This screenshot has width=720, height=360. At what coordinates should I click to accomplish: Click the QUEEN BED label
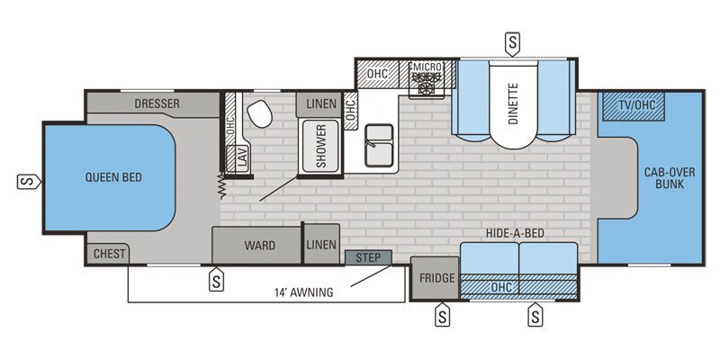point(113,176)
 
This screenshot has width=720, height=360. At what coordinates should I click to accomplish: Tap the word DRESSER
point(157,103)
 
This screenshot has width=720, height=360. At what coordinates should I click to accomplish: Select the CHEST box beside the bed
point(109,254)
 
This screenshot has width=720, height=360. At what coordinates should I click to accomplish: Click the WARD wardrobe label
point(259,245)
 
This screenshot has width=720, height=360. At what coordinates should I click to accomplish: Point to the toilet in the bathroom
point(259,114)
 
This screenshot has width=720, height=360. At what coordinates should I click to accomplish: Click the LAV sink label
point(242,158)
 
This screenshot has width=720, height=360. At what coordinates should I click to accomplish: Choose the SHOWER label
point(319,144)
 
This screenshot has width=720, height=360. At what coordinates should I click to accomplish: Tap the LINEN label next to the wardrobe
point(320,245)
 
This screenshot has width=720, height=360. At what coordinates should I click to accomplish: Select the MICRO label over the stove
point(425,67)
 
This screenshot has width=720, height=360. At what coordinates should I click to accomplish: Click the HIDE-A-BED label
point(516,233)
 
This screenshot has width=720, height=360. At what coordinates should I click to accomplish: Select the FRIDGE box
point(436,278)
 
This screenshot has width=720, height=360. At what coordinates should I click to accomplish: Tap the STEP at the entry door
point(368,258)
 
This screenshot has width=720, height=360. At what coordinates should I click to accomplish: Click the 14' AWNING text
point(303,292)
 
